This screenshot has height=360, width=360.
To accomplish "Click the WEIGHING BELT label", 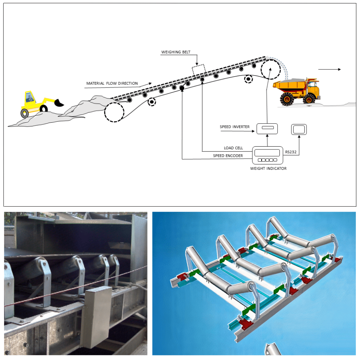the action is click(176, 52).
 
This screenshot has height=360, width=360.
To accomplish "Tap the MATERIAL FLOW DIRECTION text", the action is click(112, 83).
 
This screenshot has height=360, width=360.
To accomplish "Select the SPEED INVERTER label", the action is click(234, 127).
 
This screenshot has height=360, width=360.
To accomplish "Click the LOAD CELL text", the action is click(233, 148).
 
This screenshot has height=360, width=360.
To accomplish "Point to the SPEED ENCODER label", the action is click(228, 156).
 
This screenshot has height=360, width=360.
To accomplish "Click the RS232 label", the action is click(291, 152).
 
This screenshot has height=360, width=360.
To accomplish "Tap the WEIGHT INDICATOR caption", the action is click(268, 168).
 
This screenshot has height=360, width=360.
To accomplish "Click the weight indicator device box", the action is click(268, 155).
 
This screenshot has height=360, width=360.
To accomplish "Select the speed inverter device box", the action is click(267, 129).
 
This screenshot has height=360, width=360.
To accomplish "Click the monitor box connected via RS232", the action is click(299, 129).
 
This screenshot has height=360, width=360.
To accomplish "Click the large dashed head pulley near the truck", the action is click(270, 69).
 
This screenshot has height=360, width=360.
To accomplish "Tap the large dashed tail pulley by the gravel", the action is click(114, 112).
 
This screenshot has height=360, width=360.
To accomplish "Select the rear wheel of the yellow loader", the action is click(25, 113).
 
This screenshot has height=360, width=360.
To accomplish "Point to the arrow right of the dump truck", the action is click(329, 69).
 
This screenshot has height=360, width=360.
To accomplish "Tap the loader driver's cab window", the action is click(30, 97).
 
